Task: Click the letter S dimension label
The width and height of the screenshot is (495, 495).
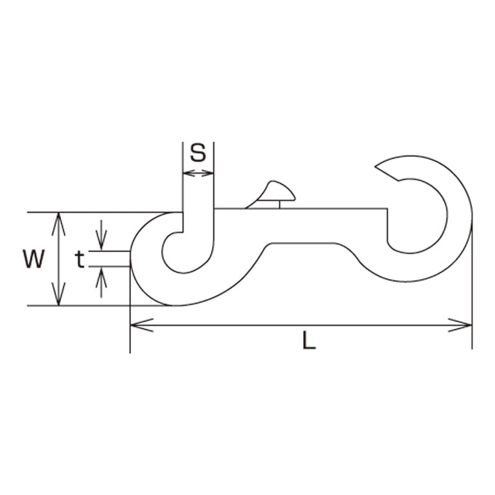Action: [198, 153]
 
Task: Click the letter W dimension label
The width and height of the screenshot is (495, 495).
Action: [33, 259]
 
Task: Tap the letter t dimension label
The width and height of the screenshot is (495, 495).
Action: [80, 259]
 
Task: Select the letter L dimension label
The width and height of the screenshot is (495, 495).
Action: [309, 340]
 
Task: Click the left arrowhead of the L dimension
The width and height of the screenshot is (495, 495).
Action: [142, 325]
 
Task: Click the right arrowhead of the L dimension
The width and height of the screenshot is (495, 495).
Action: [460, 325]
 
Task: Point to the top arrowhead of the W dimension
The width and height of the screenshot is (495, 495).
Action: [59, 224]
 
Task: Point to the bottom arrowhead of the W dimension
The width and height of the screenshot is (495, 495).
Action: [59, 294]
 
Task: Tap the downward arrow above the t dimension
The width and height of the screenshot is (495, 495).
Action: [101, 235]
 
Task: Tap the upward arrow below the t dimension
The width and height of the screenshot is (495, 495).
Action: [101, 282]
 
